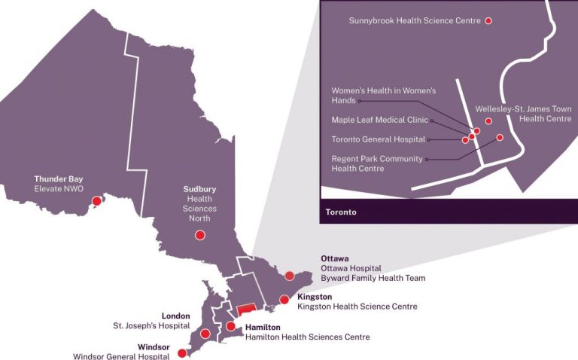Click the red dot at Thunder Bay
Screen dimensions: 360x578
point(96,200)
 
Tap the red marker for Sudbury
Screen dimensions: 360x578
point(200,235)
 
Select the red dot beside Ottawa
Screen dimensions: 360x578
point(290,276)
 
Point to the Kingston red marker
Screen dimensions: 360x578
point(284,300)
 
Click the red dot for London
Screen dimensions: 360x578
point(205,334)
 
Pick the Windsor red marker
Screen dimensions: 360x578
point(181,352)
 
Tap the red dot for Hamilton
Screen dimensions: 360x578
point(231,326)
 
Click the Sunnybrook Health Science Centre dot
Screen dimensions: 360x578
point(488,21)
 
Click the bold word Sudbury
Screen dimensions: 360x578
point(199,189)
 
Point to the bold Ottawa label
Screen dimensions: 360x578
point(334,258)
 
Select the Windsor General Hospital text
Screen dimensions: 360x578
point(121,356)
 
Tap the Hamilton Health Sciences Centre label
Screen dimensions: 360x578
point(307,337)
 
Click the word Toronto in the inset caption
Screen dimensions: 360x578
point(341,212)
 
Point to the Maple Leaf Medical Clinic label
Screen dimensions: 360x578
point(379,120)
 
